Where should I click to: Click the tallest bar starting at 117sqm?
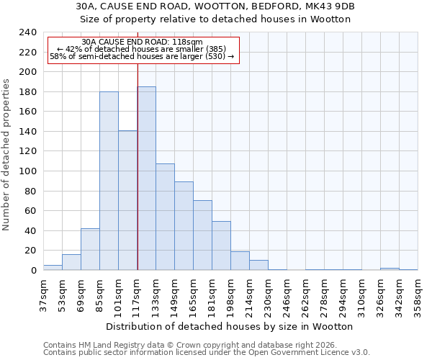point(146,179)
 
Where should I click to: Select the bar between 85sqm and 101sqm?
point(109,181)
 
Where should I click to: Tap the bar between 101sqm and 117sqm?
point(127,200)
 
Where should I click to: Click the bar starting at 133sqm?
point(165,217)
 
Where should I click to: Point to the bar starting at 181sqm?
point(221,246)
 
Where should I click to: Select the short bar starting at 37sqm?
point(53,267)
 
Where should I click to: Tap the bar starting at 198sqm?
point(240,261)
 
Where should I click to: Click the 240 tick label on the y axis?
point(27,33)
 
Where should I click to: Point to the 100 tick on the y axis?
point(27,171)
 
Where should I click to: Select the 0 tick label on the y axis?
point(33,271)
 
